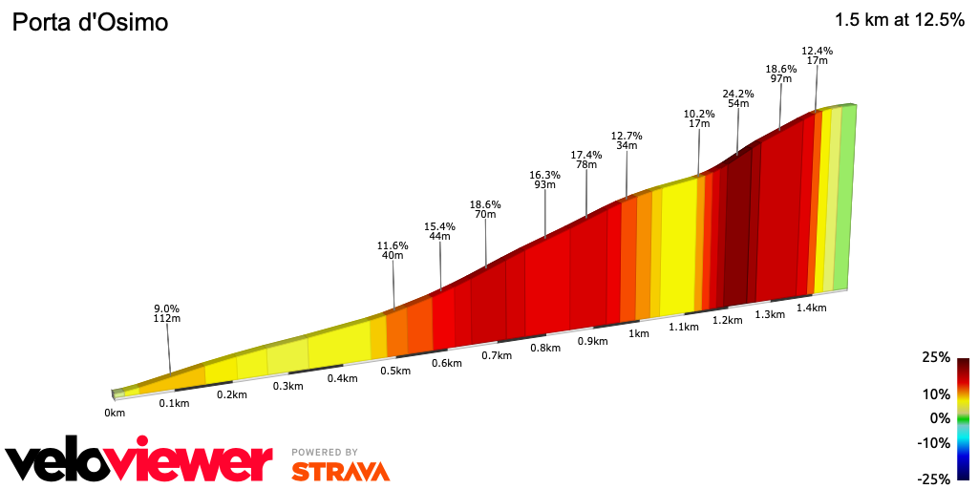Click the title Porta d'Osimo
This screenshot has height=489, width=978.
(90, 21)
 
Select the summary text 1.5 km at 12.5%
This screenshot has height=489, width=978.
(899, 19)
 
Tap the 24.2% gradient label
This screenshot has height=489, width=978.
(738, 94)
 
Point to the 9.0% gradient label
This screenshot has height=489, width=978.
(167, 308)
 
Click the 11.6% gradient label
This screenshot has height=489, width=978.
(393, 245)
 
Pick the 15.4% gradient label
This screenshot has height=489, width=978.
(439, 226)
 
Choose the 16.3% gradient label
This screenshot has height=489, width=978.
(544, 175)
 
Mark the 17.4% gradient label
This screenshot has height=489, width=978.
(586, 155)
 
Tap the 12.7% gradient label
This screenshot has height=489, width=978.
(627, 135)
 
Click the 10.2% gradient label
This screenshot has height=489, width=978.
(699, 114)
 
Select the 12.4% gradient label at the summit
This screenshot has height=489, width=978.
(817, 51)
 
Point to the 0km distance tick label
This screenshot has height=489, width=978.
(115, 413)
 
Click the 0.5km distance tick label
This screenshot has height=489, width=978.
(394, 371)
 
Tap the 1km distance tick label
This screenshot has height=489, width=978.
(638, 333)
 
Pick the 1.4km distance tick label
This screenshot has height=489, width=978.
(811, 308)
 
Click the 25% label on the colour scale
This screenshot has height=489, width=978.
(936, 357)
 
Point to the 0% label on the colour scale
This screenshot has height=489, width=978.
(940, 418)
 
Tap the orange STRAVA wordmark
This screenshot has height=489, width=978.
(340, 471)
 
